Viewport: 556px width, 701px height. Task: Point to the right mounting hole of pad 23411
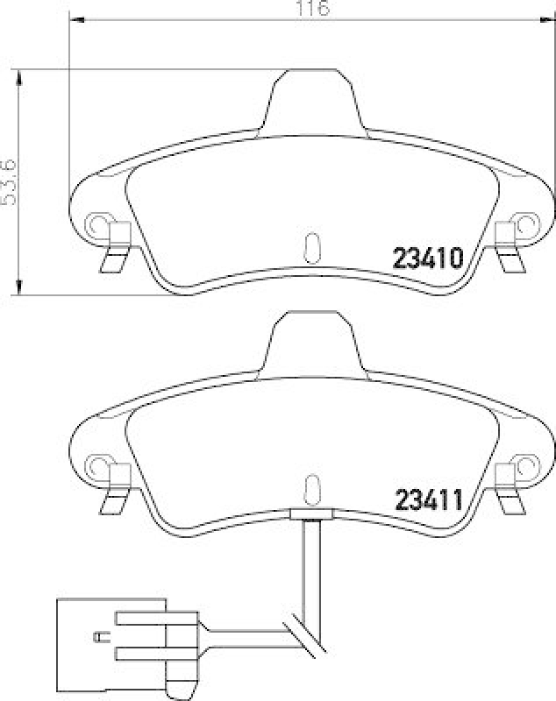[526, 462]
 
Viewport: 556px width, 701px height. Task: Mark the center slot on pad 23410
[311, 248]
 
